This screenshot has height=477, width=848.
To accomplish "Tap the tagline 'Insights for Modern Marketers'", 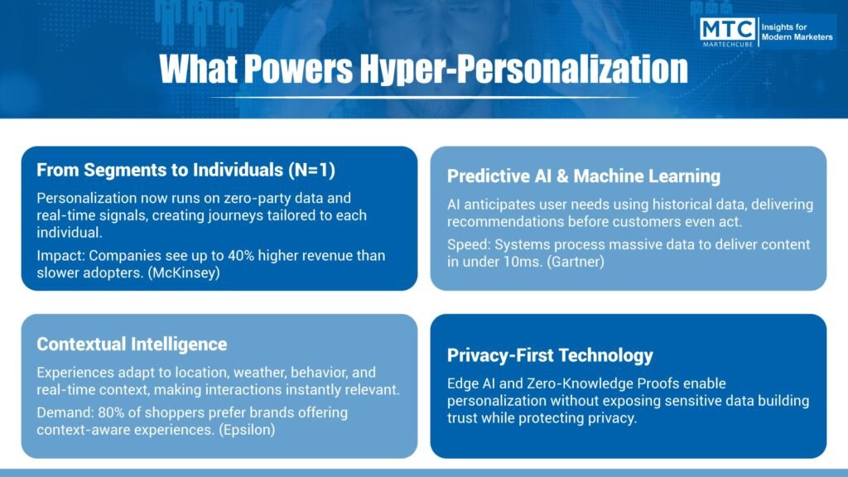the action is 797,32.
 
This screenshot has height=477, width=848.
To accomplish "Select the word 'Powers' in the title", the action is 298,69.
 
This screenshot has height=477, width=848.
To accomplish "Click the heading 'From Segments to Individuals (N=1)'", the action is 185,170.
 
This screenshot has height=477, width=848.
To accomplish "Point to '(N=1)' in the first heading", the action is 311,170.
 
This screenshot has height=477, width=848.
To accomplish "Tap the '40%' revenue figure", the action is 241,255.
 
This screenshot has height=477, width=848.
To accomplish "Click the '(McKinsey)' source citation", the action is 184,272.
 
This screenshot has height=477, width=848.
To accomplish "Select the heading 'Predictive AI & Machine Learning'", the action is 584,176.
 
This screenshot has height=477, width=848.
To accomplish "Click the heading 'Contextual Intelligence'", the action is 132,344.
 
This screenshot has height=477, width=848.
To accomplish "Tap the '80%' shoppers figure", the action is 112,412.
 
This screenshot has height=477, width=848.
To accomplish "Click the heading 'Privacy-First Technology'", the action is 550,355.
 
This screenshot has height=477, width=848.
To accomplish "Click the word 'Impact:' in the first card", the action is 60,256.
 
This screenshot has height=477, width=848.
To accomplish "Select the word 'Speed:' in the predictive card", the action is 469,245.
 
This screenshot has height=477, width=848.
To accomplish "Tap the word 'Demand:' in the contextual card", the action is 65,412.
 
